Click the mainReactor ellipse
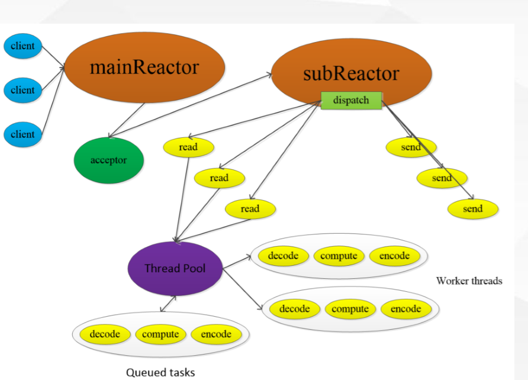click(x=144, y=67)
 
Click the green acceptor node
click(x=108, y=160)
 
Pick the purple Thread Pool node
click(x=175, y=269)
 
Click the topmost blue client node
click(x=22, y=46)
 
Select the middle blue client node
click(x=22, y=91)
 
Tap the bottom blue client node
click(x=22, y=134)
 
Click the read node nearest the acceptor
click(x=188, y=147)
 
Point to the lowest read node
click(x=250, y=209)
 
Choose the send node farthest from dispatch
click(x=472, y=209)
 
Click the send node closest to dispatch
click(x=411, y=147)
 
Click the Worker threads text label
click(x=469, y=281)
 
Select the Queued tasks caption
click(x=160, y=372)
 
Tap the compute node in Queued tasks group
click(x=160, y=334)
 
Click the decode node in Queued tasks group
click(x=105, y=334)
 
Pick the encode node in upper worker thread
click(x=394, y=256)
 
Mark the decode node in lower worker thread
click(x=294, y=309)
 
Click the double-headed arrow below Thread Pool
click(x=168, y=304)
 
